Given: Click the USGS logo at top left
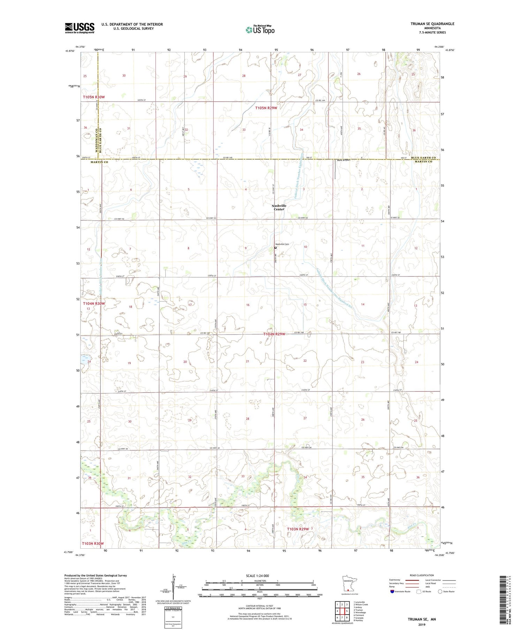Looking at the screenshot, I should click(79, 28).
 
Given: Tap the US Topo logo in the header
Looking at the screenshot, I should click(260, 30).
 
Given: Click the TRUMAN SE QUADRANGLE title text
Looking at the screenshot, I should click(432, 24).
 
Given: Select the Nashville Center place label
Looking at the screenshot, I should click(279, 207).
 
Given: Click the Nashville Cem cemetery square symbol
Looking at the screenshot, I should click(275, 248).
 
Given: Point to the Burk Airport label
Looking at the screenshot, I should click(343, 160).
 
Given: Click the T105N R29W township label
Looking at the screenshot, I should click(266, 108).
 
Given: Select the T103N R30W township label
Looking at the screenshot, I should click(93, 543).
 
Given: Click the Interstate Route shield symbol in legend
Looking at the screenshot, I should click(392, 591).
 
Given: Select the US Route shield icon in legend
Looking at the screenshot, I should click(419, 591).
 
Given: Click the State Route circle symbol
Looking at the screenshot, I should click(440, 591).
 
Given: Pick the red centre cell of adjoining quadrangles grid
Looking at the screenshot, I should click(342, 611).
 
